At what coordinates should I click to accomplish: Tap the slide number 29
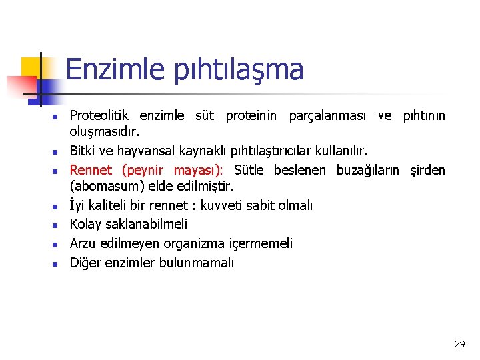[x=459, y=344]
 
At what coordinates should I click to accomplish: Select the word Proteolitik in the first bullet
[x=101, y=116]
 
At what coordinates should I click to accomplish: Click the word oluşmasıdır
[x=104, y=133]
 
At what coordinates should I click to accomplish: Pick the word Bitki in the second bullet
[x=83, y=151]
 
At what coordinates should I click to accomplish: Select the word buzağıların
[x=365, y=169]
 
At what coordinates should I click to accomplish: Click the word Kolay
[x=86, y=225]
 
